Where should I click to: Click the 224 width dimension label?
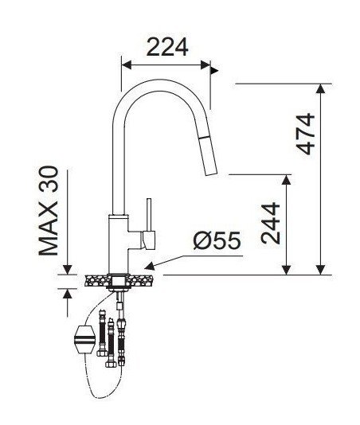coord(167,47)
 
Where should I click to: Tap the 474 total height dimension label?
coord(306,135)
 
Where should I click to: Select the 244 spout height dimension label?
coord(270,223)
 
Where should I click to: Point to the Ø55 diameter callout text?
coord(217,240)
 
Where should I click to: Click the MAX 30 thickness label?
coord(49,211)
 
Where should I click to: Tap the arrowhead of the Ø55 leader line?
coord(150,267)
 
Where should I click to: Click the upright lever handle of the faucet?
coord(149,215)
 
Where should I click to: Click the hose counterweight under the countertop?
coord(84,339)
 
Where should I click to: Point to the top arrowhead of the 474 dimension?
coord(321,88)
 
